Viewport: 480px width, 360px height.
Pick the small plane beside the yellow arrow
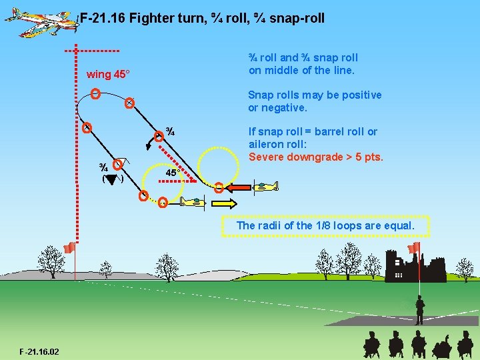point(192,202)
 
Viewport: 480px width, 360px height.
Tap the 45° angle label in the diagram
point(172,173)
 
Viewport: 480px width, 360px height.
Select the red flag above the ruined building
point(415,248)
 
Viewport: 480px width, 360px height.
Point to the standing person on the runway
point(419,310)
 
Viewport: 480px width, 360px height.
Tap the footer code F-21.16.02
point(39,351)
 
